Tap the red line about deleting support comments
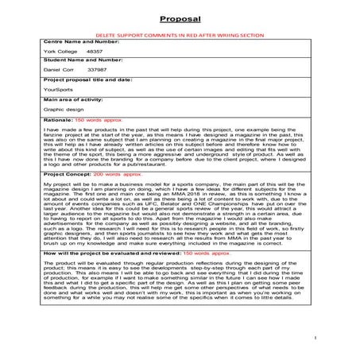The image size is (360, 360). click(180, 37)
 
